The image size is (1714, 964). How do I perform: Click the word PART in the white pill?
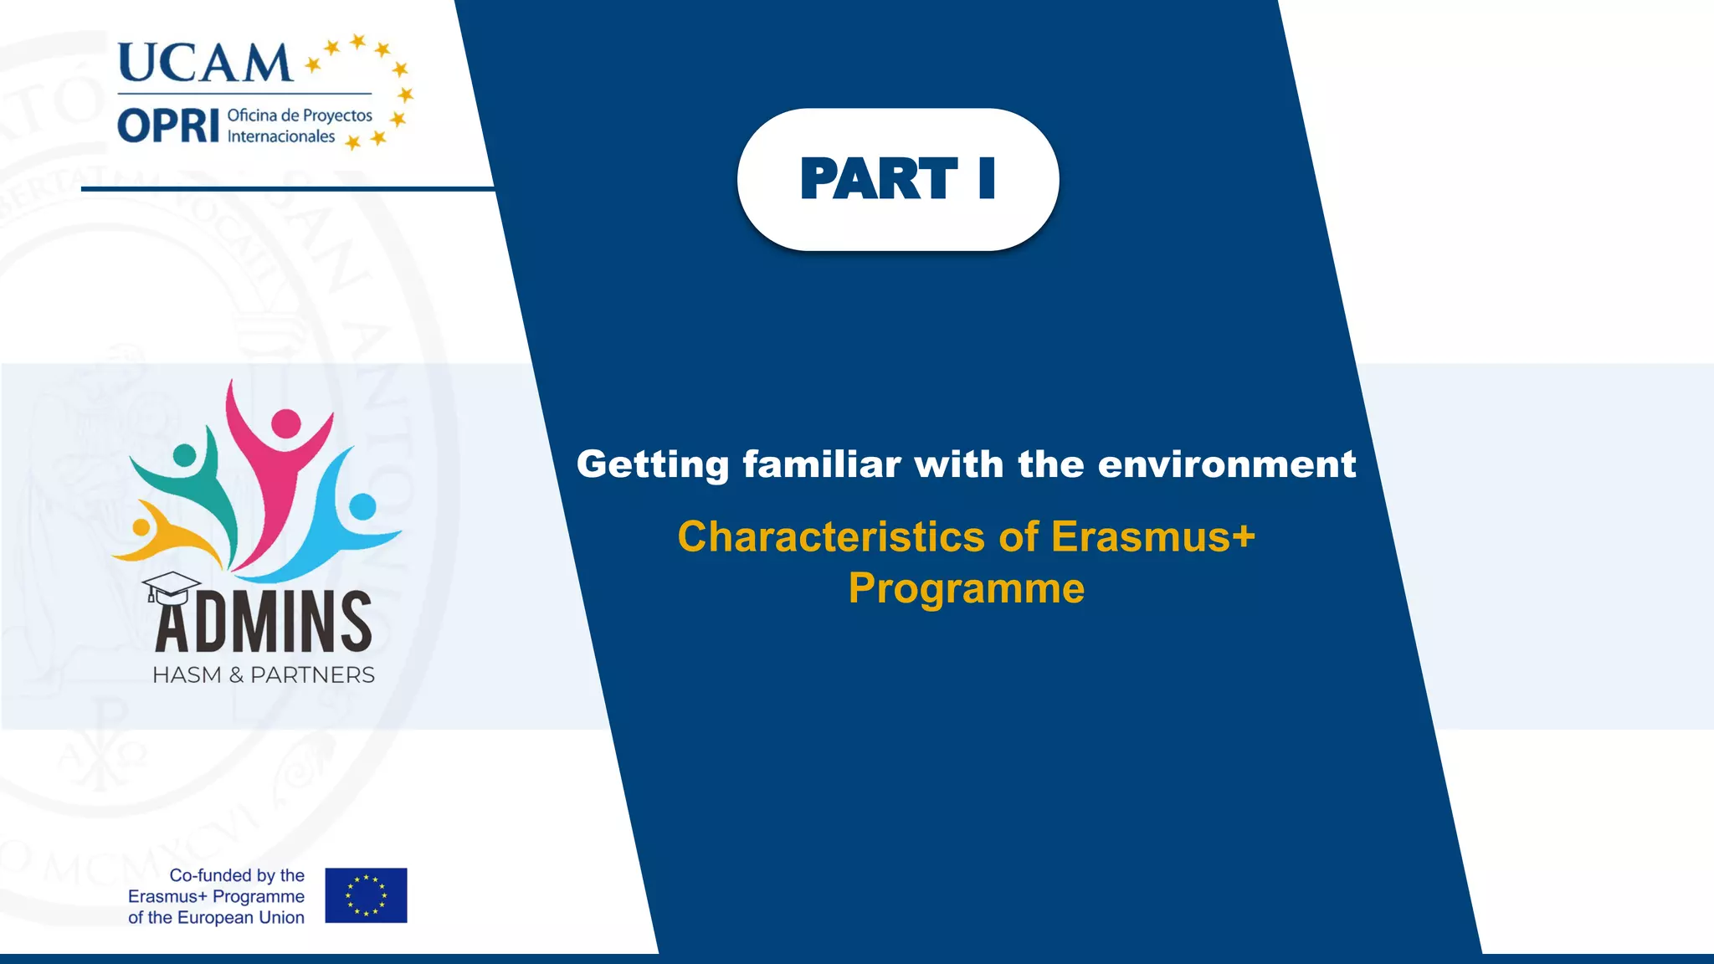[878, 179]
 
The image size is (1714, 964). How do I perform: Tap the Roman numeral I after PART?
[987, 179]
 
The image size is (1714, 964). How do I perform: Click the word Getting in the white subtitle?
[653, 464]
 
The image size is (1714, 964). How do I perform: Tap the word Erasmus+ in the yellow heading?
[1152, 536]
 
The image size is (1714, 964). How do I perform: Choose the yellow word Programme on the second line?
[966, 588]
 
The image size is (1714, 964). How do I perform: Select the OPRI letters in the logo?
[168, 126]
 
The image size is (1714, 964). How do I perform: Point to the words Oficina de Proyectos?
[300, 115]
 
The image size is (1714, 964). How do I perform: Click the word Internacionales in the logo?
[281, 136]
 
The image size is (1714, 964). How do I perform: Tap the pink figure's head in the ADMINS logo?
[286, 423]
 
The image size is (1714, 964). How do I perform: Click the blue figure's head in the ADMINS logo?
[362, 506]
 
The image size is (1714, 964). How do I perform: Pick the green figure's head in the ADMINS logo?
[184, 456]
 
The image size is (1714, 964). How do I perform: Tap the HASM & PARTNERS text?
[263, 675]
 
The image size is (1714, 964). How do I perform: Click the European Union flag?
[366, 895]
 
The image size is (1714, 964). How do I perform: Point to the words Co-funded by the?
[237, 875]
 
